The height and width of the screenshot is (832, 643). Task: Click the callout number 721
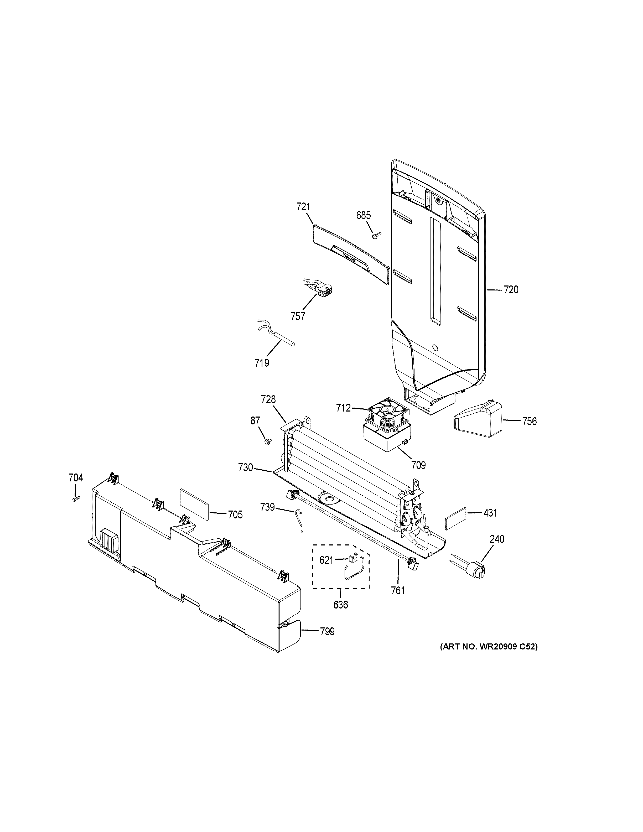[303, 207]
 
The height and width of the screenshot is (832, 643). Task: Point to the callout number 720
[511, 290]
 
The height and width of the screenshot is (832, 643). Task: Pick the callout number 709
[418, 465]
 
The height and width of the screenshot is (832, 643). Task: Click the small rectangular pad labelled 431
[455, 518]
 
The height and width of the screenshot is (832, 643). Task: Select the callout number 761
[398, 590]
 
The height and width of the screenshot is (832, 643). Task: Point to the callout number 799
[327, 632]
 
